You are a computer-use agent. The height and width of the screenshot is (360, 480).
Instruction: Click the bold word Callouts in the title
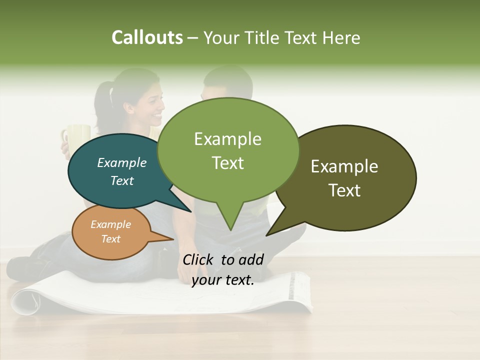point(147,37)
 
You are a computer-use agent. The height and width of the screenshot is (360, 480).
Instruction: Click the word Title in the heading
point(266,37)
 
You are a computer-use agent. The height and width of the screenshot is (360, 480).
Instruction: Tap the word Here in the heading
point(342,37)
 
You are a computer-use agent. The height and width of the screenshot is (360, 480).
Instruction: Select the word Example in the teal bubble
point(122,163)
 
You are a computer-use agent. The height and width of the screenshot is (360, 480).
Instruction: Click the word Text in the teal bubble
point(122,180)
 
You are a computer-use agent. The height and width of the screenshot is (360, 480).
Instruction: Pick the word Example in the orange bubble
point(110,224)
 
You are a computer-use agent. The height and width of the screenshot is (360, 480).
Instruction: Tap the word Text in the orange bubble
point(110,239)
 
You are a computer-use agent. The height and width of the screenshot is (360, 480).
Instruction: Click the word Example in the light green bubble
point(227,139)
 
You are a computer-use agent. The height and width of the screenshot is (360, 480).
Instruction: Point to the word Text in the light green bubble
point(227,163)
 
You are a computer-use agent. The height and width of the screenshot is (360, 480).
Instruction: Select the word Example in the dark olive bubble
point(344,166)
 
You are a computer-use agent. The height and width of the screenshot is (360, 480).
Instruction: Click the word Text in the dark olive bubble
point(344,190)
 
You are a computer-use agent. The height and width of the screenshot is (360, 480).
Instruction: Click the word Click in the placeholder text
point(198,259)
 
